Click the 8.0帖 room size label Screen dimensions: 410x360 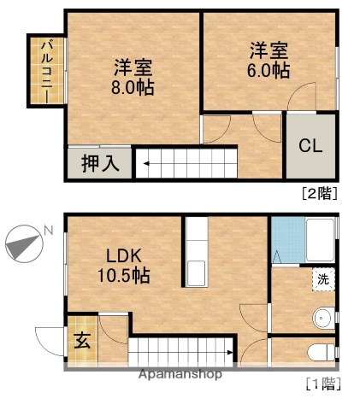(x=133, y=87)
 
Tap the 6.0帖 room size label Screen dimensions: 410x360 (x=269, y=70)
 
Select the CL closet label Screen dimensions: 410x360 (x=310, y=145)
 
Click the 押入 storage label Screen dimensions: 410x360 (x=100, y=161)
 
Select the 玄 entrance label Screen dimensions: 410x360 (x=82, y=340)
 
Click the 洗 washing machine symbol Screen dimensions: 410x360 (x=323, y=278)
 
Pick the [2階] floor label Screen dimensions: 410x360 (x=320, y=193)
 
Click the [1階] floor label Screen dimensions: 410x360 (x=322, y=384)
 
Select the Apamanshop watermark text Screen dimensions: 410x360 (x=180, y=374)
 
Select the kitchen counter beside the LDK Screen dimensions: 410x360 (x=195, y=253)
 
